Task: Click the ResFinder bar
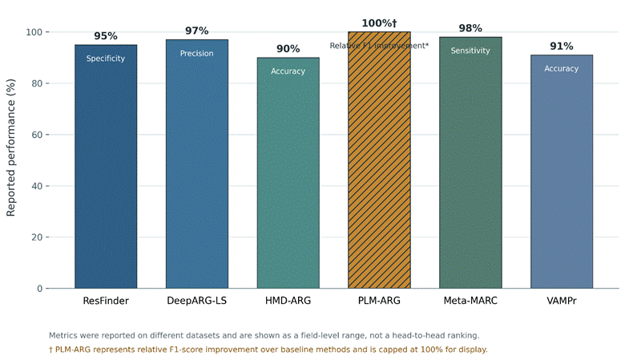tap(106, 166)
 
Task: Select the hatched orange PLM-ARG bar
tap(379, 160)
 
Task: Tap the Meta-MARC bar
tap(470, 163)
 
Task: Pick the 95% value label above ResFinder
tap(106, 36)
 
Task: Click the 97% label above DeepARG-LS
tap(197, 31)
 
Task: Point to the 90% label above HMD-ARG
tap(288, 49)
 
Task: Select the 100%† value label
tap(379, 23)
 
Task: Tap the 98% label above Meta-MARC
tap(470, 28)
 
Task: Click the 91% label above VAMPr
tap(562, 47)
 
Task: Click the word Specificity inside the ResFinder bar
tap(106, 59)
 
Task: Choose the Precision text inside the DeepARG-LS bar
tap(197, 54)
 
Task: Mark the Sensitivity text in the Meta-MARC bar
tap(470, 51)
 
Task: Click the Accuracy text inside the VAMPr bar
tap(562, 69)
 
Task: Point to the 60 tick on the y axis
tap(38, 135)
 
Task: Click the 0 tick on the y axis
tap(40, 289)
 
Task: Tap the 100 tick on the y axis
tap(34, 32)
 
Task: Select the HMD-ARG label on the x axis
tap(288, 301)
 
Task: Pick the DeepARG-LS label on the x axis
tap(197, 301)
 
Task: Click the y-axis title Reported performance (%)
tap(10, 148)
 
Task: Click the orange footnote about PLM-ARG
tap(268, 350)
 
